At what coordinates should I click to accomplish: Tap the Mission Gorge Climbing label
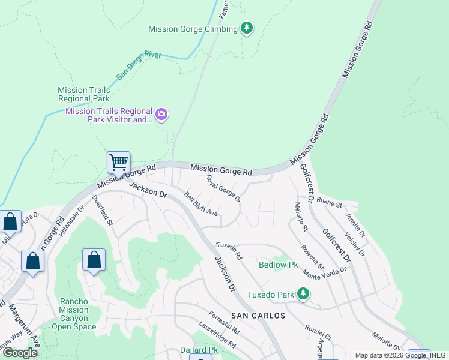click(193, 29)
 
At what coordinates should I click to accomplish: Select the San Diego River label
click(137, 64)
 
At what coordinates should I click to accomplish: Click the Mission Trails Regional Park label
click(84, 94)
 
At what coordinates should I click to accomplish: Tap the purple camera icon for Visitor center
click(161, 115)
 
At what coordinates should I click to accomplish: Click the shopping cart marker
click(118, 162)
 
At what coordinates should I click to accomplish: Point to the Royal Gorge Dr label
click(223, 188)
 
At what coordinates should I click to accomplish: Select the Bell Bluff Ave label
click(201, 204)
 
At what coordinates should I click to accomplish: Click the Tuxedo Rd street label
click(229, 250)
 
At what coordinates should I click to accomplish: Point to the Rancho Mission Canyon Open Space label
click(74, 314)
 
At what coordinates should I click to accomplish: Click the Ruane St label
click(328, 202)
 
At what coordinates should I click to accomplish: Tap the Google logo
click(19, 353)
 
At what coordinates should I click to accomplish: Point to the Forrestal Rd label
click(224, 322)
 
